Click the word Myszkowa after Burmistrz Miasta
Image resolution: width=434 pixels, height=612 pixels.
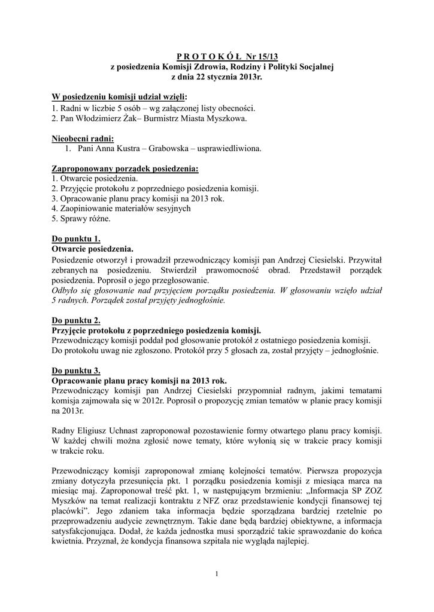225,118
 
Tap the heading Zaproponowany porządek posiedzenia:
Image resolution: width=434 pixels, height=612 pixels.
125,170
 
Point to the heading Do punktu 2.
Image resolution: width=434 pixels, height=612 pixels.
76,320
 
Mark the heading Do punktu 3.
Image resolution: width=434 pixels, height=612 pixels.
76,371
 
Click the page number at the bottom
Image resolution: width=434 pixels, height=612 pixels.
217,575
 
